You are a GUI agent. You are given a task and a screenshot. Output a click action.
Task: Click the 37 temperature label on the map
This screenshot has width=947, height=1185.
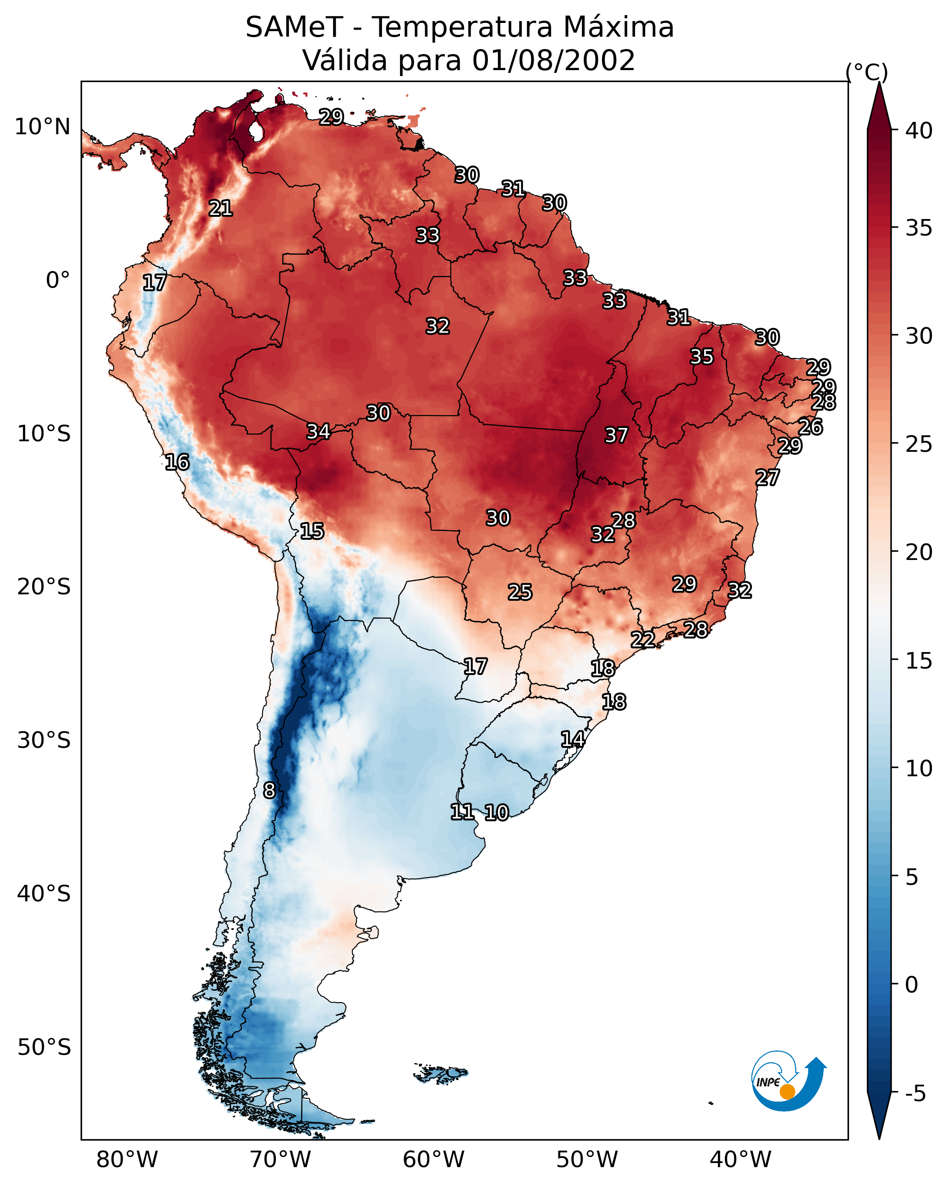tap(616, 435)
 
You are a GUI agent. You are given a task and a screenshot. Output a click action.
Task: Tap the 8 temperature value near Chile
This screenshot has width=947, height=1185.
tap(269, 790)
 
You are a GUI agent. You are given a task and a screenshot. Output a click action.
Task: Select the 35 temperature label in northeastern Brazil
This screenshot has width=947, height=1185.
tap(702, 357)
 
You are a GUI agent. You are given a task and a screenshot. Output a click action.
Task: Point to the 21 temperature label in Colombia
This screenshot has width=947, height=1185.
tap(220, 208)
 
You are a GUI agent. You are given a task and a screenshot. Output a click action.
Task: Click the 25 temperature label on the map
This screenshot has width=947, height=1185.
tap(520, 592)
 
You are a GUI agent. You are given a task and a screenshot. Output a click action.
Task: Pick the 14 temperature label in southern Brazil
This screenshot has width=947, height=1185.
tap(573, 739)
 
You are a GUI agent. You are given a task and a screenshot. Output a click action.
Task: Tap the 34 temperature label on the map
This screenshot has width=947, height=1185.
tap(318, 432)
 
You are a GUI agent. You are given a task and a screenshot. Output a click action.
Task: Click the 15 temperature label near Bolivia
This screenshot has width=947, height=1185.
tap(312, 531)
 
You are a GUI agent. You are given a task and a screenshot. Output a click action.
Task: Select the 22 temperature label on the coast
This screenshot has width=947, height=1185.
tap(642, 640)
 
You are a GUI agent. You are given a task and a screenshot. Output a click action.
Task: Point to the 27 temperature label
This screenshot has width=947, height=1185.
tap(767, 477)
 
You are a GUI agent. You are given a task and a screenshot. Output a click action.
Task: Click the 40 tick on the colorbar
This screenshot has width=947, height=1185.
tap(919, 131)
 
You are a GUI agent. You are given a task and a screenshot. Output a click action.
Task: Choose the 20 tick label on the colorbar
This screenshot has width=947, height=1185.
tap(919, 552)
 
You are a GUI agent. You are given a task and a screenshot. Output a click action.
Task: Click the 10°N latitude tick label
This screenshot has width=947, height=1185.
tap(42, 127)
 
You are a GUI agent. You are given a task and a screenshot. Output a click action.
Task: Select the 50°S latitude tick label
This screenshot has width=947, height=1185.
tap(44, 1048)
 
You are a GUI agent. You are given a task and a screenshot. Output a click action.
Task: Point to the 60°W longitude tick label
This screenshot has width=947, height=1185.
tap(434, 1160)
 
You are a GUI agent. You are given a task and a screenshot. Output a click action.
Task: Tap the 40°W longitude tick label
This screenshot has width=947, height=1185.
tap(740, 1160)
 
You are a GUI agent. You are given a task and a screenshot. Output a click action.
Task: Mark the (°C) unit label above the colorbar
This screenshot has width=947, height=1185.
tap(866, 72)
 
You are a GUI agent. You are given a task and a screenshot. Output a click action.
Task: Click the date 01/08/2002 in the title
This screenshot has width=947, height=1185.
tap(553, 60)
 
